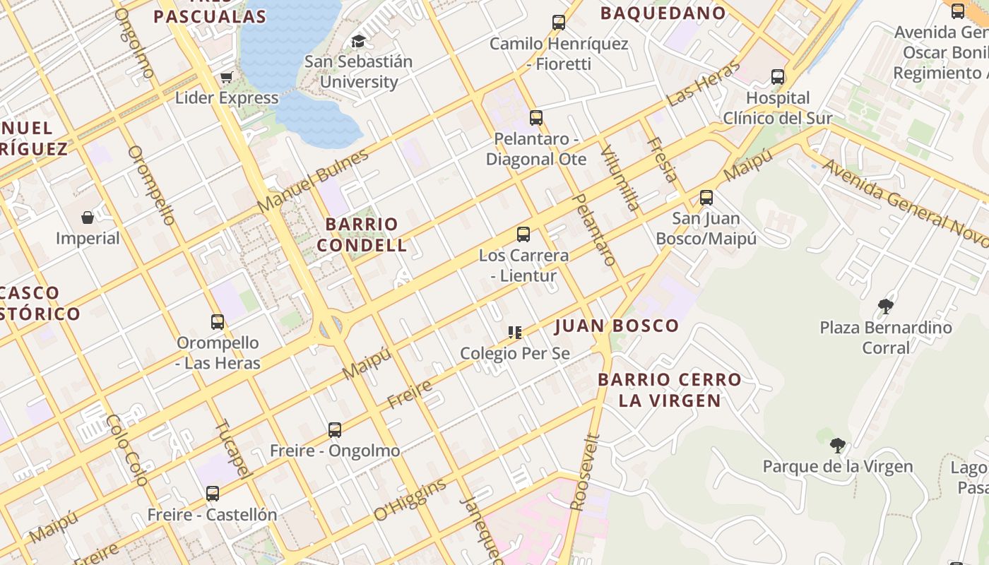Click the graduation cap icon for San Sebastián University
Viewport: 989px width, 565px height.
point(359,41)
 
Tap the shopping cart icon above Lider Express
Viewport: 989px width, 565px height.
point(227,77)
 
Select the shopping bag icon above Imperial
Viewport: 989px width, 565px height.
point(88,218)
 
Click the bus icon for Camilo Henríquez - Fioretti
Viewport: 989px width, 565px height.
point(559,23)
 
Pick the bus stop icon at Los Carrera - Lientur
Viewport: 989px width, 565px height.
point(523,234)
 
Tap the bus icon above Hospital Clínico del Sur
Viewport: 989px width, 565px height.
point(778,77)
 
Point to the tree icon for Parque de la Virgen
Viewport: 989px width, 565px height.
point(838,446)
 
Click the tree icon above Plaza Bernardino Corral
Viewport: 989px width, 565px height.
point(886,307)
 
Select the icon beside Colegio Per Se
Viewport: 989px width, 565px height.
point(515,332)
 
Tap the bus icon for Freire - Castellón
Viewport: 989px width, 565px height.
point(213,494)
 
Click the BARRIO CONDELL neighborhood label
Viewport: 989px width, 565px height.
point(362,235)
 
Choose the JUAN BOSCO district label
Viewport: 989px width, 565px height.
point(617,326)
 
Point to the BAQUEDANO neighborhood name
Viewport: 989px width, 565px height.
point(663,13)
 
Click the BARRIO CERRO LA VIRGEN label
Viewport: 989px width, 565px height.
point(670,390)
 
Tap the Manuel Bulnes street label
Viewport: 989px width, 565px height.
point(313,181)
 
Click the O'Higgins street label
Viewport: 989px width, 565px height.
point(410,500)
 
